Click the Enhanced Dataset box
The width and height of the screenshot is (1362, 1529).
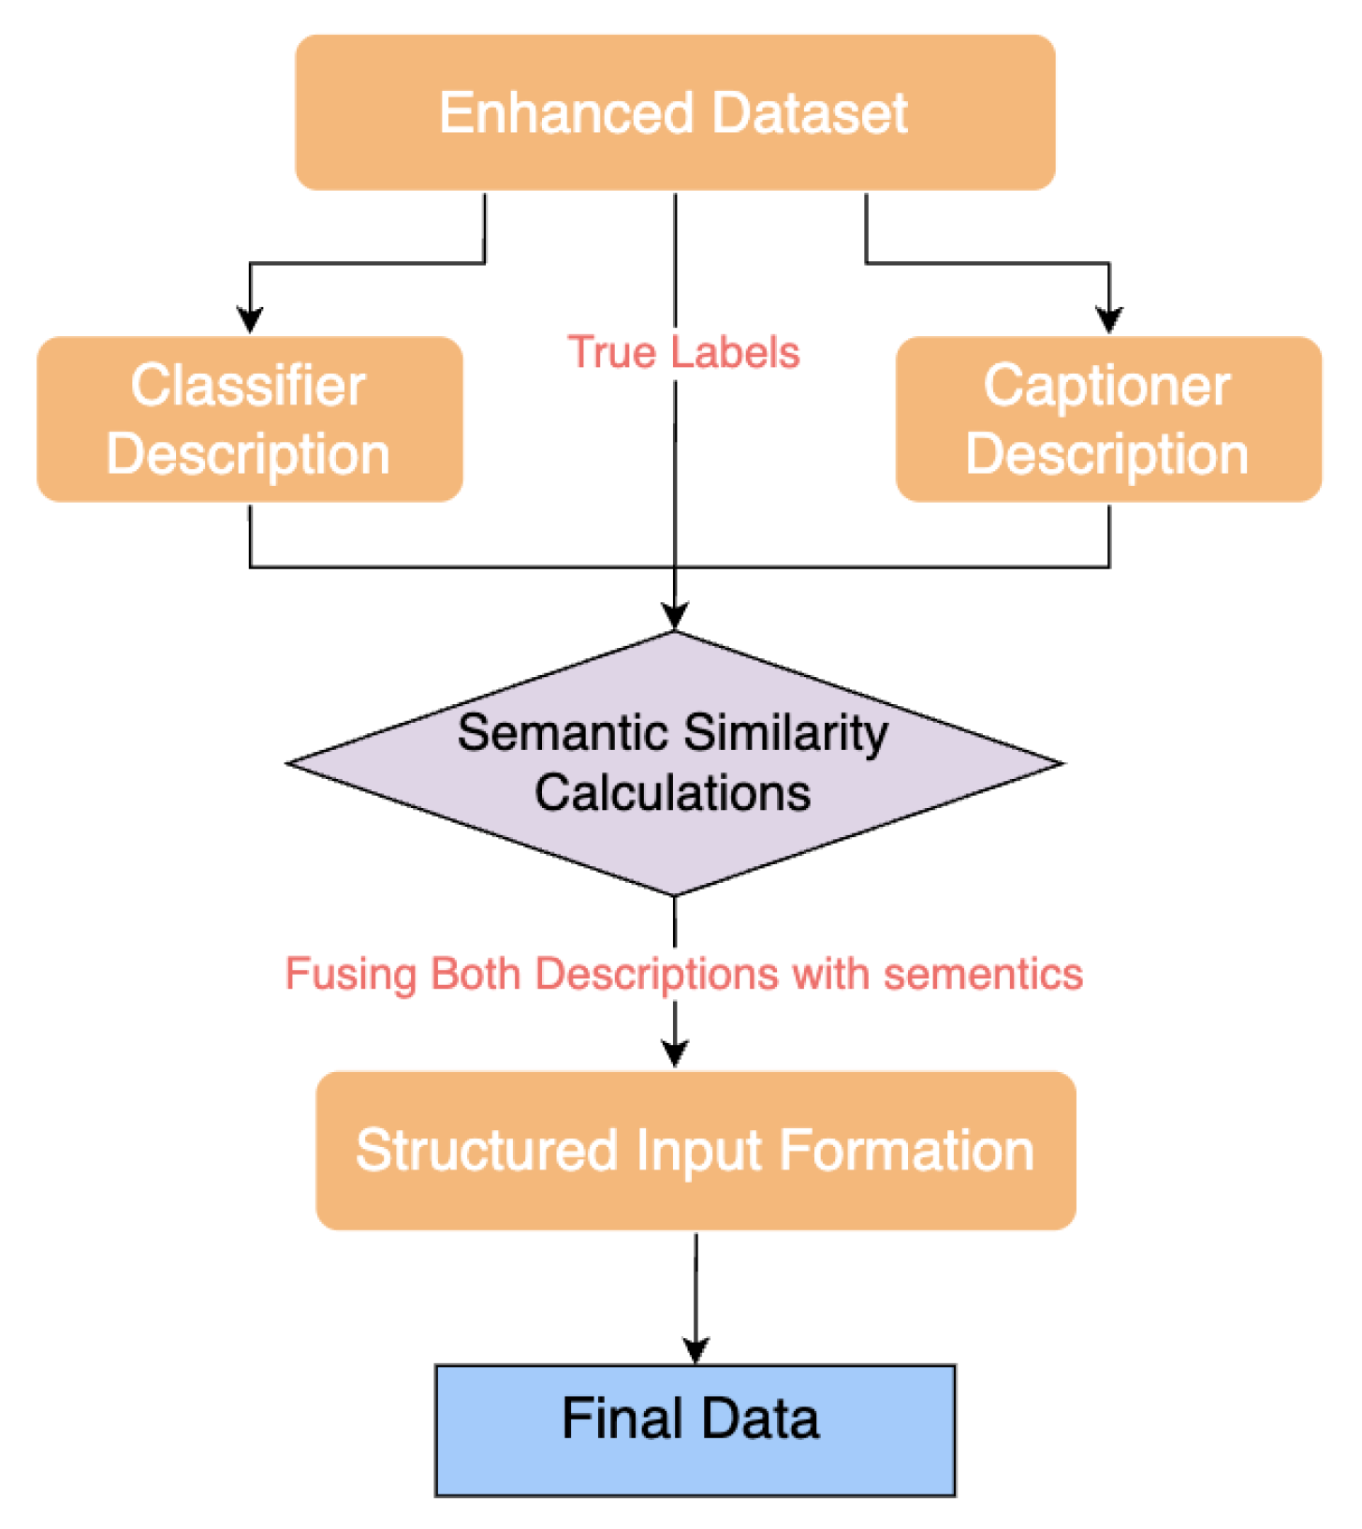point(675,112)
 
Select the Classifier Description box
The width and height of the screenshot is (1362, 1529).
point(249,419)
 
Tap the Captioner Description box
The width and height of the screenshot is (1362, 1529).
point(1108,419)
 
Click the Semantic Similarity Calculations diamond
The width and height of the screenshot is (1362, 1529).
point(674,763)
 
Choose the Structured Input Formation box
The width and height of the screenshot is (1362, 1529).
point(696,1151)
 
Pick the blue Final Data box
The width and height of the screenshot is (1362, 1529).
point(695,1430)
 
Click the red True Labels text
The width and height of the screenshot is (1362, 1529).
point(683,353)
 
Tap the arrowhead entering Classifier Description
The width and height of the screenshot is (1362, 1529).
point(250,320)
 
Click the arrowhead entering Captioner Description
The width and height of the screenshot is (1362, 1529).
point(1109,320)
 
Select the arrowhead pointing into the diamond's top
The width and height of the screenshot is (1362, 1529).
point(675,616)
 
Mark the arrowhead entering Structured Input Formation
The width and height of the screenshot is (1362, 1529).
point(675,1054)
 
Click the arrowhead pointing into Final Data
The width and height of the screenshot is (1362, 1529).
point(696,1350)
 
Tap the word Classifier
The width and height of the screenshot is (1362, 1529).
point(247,386)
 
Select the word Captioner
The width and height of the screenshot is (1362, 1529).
point(1106,386)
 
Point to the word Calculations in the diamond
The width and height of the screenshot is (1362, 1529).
point(672,793)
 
